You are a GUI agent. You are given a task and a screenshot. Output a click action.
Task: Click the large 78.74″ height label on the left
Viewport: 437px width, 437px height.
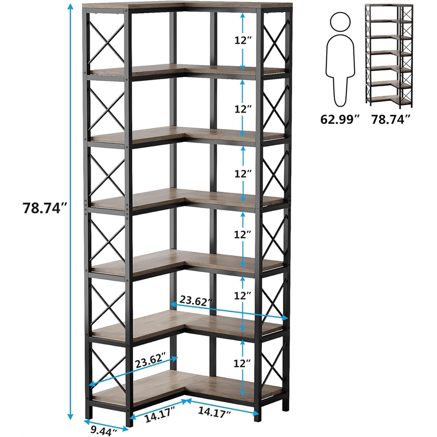[x=45, y=208]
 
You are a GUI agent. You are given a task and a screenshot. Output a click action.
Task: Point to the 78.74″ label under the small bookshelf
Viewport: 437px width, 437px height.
[x=391, y=119]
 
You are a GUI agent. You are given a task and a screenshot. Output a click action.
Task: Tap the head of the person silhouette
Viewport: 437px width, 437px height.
[x=340, y=22]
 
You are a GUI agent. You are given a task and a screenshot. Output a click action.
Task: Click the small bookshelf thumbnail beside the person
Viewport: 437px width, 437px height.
[x=389, y=56]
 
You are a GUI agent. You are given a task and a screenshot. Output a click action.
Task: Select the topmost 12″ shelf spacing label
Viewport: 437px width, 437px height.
[x=243, y=40]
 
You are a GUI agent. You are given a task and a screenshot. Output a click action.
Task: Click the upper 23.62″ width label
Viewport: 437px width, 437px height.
[x=196, y=301]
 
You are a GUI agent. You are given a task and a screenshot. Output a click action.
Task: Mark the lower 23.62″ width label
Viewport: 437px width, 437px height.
[x=150, y=362]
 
